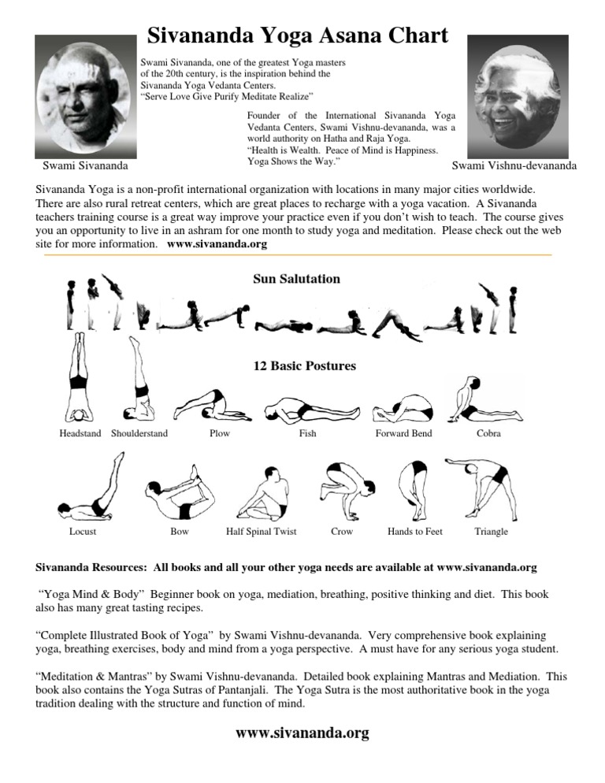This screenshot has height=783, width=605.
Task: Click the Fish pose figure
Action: [x=305, y=409]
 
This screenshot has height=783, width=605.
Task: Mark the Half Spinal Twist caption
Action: [x=261, y=532]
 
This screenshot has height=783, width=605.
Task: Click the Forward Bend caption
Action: [x=403, y=434]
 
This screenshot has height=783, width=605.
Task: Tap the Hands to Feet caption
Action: [x=414, y=532]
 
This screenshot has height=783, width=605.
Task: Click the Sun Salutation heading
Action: [x=296, y=279]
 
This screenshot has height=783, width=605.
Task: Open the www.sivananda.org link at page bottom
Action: [x=302, y=733]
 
